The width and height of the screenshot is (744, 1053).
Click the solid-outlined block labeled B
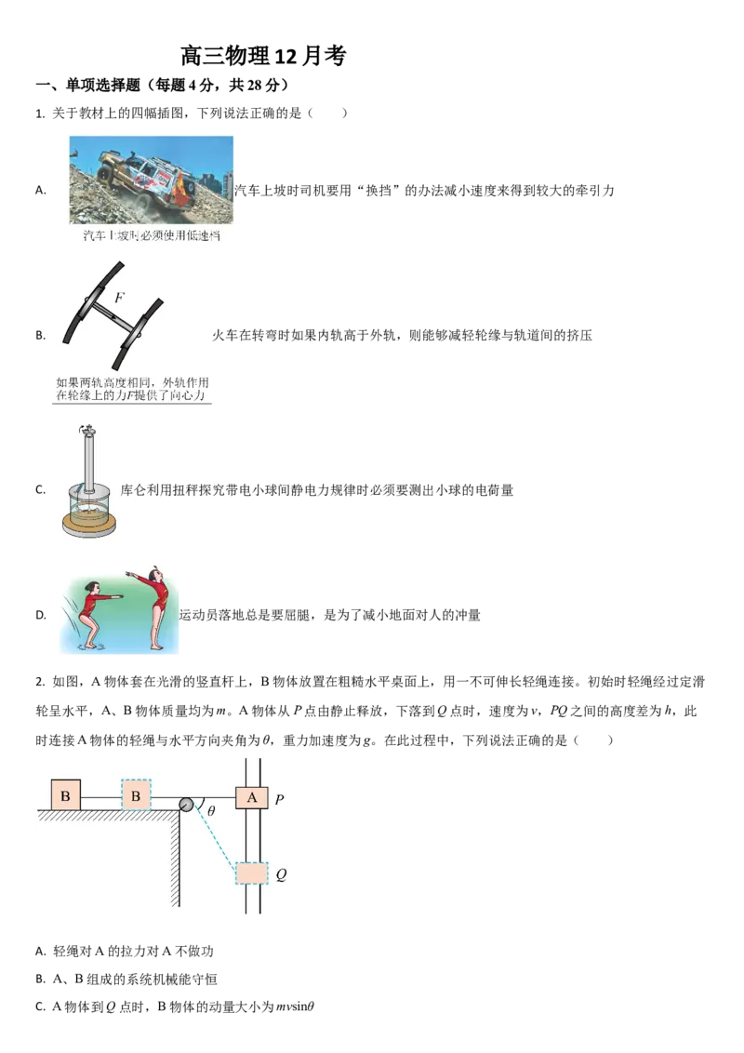click(65, 795)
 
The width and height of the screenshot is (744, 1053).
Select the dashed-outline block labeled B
click(136, 795)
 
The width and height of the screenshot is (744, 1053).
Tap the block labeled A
click(251, 797)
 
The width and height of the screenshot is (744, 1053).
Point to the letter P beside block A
click(279, 799)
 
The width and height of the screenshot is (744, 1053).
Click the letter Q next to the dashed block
click(280, 874)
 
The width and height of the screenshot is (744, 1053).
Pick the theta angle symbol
click(211, 812)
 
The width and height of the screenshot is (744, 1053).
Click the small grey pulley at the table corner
click(186, 804)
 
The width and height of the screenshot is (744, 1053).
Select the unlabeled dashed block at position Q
click(251, 873)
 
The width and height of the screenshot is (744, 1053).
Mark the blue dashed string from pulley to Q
click(214, 839)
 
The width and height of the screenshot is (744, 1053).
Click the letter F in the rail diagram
click(119, 299)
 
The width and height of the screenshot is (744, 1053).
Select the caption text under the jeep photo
click(144, 235)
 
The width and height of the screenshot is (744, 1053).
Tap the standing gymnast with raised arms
click(158, 605)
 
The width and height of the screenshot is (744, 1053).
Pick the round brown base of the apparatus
click(90, 526)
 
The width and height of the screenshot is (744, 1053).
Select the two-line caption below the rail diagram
click(132, 389)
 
